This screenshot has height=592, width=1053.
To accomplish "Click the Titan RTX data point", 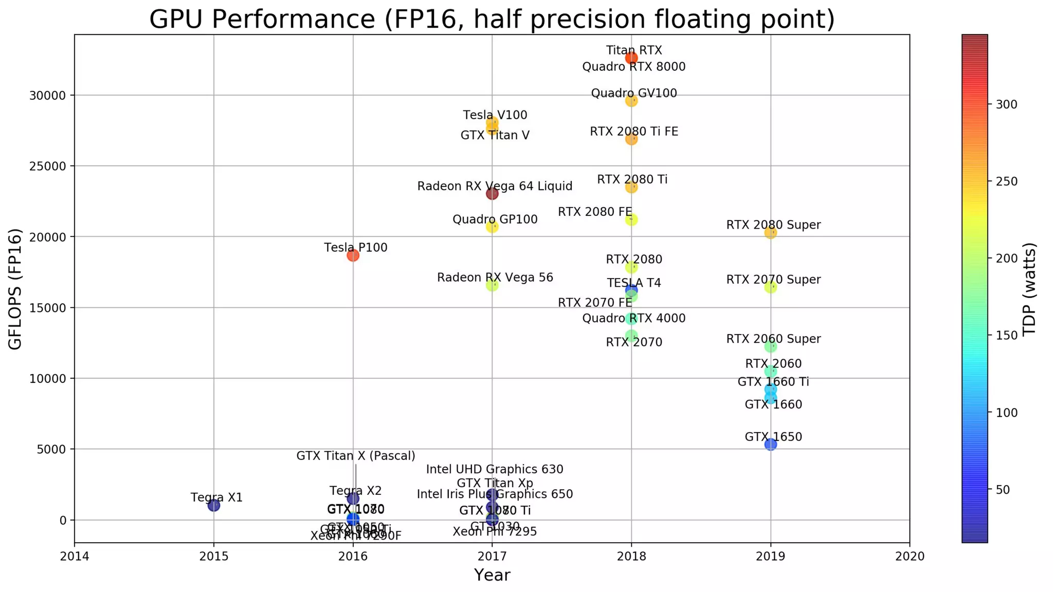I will coord(631,58).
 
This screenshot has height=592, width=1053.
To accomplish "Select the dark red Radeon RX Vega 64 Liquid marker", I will coord(492,194).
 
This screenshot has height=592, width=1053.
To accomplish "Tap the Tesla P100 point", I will coord(353,255).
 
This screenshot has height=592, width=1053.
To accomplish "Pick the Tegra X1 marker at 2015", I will coord(214,506).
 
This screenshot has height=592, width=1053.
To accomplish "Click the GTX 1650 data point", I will coord(770,445).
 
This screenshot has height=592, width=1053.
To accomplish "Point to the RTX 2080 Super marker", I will coord(770,233).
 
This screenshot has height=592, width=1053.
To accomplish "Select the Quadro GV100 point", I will coord(631,101).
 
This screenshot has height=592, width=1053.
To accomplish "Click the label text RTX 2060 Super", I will coord(773,339).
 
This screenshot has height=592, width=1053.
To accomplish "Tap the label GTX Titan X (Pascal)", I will coord(356,456).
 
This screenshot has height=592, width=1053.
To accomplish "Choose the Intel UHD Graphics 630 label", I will coord(495,469).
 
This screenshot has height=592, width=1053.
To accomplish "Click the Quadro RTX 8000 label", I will coord(633,67).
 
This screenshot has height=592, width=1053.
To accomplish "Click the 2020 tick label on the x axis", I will coord(910,556).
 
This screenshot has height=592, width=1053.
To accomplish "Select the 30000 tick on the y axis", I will coord(49,96).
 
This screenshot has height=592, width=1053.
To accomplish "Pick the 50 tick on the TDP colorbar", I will coord(1003,490).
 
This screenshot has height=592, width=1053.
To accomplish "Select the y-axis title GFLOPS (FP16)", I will coord(15,289).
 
